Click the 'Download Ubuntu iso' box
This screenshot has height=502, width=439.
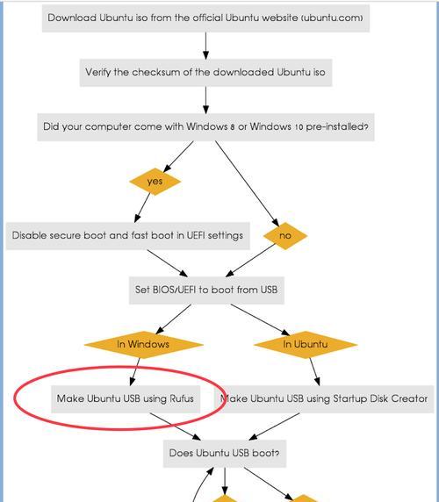point(206,18)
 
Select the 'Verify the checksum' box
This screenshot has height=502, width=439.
point(206,72)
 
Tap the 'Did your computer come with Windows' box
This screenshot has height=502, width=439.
point(206,126)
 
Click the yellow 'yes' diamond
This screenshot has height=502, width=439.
point(155,181)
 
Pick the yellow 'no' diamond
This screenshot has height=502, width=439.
point(285,235)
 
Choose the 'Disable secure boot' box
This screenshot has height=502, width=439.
point(128,235)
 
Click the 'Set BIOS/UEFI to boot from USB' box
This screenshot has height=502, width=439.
point(206,290)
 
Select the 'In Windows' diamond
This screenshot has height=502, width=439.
point(143,345)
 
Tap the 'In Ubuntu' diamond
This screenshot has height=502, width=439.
point(306,345)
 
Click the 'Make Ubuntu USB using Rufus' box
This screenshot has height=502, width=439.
point(126,399)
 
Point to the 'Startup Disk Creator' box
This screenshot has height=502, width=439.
point(324,399)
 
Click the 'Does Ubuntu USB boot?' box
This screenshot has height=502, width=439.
point(225,454)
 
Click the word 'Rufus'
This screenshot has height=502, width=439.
point(182,399)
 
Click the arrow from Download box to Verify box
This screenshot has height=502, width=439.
point(206,46)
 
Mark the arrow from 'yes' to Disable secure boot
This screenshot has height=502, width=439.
point(142,208)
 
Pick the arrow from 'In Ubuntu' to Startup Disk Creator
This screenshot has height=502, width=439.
point(314,372)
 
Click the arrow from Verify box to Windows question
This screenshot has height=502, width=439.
point(206,100)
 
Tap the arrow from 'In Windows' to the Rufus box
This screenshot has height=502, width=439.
point(135,372)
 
